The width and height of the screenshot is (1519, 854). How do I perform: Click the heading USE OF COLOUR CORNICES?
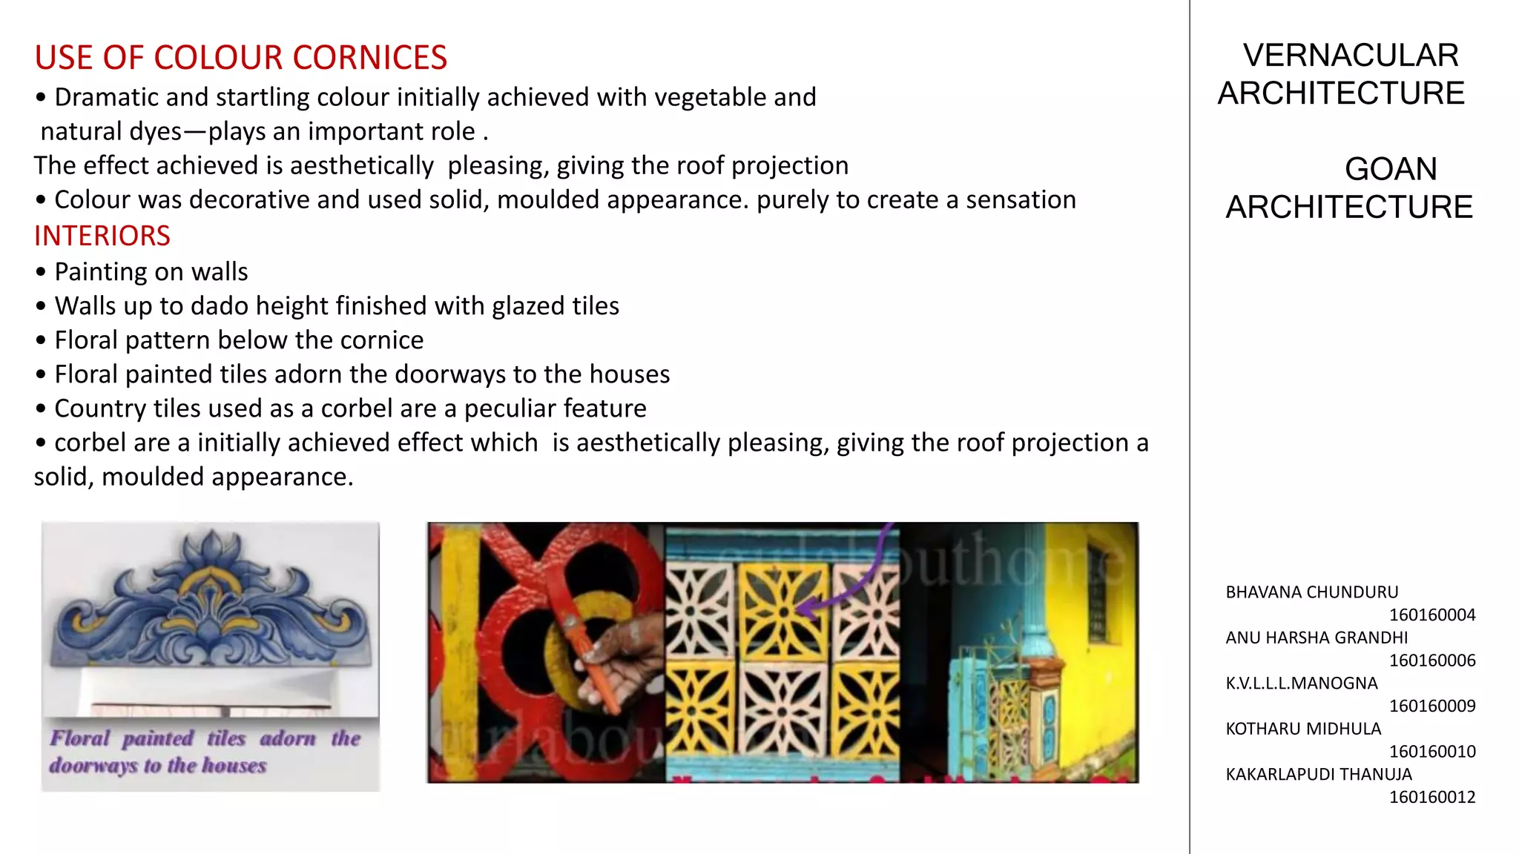tap(240, 58)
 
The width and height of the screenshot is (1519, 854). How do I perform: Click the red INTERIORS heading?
tap(102, 236)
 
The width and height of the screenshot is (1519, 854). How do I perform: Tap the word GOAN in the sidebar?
tap(1390, 169)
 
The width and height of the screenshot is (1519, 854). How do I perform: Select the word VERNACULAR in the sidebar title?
tap(1351, 56)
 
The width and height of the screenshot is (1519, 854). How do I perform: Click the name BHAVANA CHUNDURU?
tap(1311, 592)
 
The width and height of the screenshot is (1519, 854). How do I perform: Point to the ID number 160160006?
tap(1431, 661)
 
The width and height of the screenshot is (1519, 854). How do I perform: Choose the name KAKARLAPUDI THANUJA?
tap(1318, 774)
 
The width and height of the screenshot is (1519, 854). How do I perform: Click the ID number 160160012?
tap(1431, 797)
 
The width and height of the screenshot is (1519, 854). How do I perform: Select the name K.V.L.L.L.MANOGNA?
tap(1301, 683)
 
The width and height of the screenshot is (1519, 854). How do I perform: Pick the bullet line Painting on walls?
tap(151, 272)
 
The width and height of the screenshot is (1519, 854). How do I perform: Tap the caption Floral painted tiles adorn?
tap(204, 739)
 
